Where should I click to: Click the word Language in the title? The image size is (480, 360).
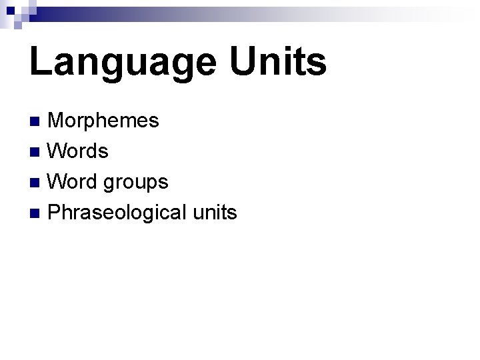122,62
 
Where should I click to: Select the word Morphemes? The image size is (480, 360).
104,121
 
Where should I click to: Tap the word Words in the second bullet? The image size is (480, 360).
79,151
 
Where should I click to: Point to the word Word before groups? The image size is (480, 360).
74,181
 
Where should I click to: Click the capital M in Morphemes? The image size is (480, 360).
57,121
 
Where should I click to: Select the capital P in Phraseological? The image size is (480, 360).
55,213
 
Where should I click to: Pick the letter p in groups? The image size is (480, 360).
148,184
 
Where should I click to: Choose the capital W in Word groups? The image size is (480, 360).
58,181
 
